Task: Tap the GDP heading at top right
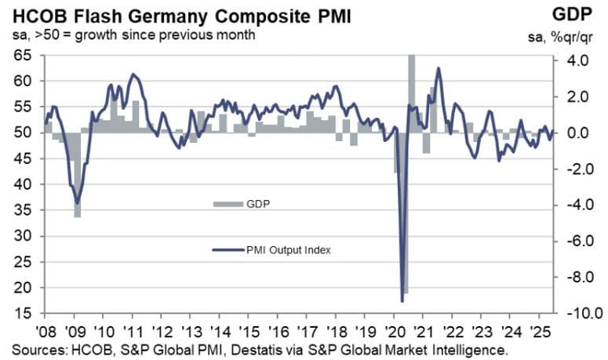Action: [581, 14]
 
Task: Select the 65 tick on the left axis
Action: [23, 56]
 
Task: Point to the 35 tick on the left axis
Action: [23, 210]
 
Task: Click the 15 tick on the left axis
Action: [23, 313]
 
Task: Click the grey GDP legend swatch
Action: [225, 204]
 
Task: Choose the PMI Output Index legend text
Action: [283, 250]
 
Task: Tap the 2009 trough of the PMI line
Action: [77, 202]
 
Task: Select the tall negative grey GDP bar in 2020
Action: [406, 235]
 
